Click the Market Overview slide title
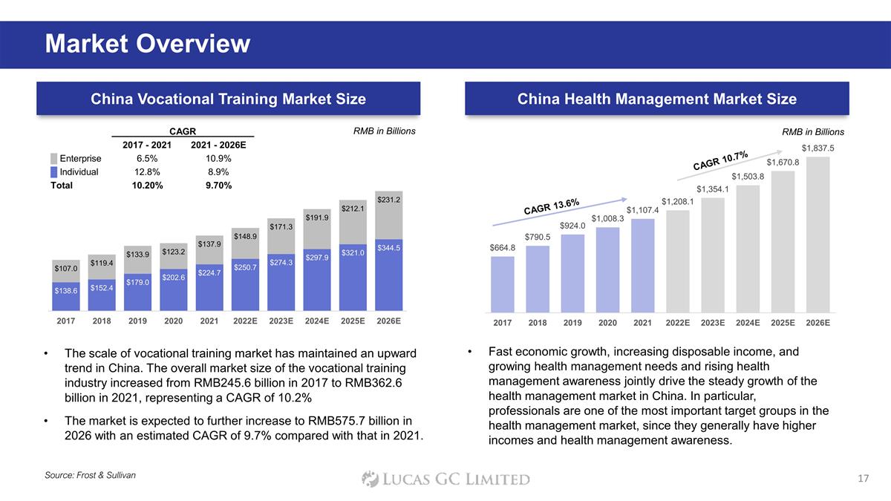tap(147, 45)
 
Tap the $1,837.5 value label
tap(817, 148)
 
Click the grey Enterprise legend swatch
tap(53, 159)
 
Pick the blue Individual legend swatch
tap(53, 172)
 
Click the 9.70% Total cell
tap(218, 186)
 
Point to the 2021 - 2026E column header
tap(218, 145)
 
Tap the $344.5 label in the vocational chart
tap(388, 248)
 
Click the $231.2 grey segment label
tap(388, 200)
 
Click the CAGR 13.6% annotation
tap(551, 206)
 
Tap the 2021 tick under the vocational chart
tap(209, 321)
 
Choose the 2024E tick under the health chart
tap(748, 323)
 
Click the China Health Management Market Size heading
tap(656, 99)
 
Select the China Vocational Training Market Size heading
tap(228, 99)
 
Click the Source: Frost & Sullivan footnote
tap(90, 474)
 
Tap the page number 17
tap(862, 479)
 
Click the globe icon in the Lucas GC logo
tap(371, 479)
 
